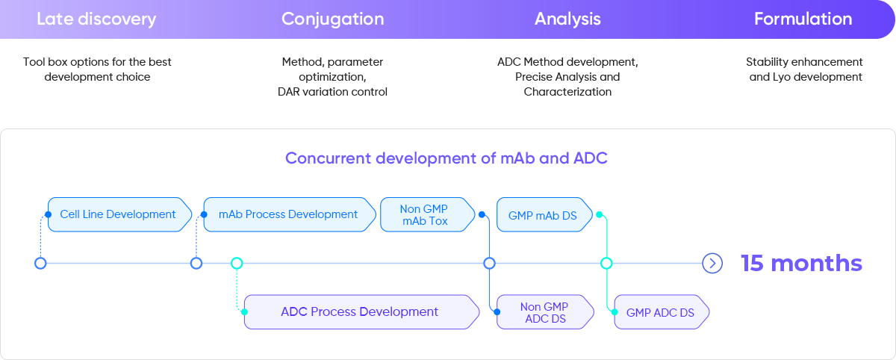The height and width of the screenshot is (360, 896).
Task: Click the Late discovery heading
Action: [96, 19]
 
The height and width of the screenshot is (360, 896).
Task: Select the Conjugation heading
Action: [332, 19]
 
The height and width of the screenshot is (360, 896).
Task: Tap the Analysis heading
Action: [567, 19]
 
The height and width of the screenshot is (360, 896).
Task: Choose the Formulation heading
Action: [803, 19]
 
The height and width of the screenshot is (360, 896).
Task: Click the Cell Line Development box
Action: [118, 214]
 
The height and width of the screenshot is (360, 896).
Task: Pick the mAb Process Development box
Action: [288, 214]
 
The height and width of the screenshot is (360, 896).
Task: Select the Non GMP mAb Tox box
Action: [425, 214]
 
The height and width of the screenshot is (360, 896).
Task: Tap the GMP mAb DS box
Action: [543, 215]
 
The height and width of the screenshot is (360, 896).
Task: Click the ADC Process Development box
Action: [360, 311]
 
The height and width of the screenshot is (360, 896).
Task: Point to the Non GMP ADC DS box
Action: [545, 312]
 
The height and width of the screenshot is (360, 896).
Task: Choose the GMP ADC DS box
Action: [660, 312]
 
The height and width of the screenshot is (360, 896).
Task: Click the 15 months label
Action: [801, 263]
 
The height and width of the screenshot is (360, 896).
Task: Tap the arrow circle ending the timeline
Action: [712, 263]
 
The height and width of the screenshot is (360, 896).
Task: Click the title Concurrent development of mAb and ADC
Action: [447, 158]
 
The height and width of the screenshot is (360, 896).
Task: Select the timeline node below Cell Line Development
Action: [41, 263]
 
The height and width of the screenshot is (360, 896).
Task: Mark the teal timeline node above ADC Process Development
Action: [237, 263]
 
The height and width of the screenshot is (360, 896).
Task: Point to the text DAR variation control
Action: [332, 92]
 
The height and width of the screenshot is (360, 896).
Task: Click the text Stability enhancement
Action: [804, 62]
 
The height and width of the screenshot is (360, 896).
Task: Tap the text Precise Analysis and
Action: [567, 77]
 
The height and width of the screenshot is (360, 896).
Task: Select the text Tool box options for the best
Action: [97, 62]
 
